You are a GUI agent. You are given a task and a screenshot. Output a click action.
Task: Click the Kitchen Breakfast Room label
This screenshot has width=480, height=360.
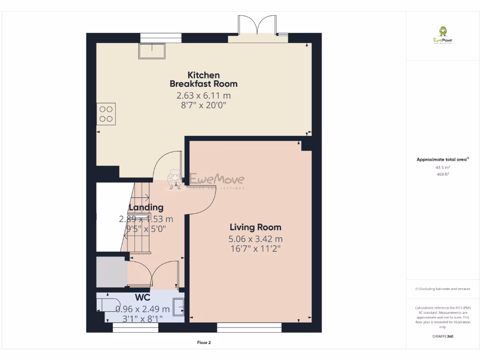203,79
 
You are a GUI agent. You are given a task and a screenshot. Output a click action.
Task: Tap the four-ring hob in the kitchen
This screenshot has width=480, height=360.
106,114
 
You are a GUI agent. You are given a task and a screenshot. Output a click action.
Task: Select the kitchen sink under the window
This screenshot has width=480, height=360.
152,51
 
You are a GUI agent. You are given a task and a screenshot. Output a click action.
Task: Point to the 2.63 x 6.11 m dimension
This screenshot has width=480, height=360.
203,96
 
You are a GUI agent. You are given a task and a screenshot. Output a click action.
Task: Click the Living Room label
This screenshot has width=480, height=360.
255,227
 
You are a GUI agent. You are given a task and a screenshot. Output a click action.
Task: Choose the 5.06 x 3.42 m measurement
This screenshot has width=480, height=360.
255,239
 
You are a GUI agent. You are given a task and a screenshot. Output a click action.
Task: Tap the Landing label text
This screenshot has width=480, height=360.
146,207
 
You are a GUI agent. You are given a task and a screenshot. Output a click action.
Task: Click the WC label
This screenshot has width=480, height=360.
142,298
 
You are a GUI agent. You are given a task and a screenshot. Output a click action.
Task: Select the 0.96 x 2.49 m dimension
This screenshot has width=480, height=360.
142,309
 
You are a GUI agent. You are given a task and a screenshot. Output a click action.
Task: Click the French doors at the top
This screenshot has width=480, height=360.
257,26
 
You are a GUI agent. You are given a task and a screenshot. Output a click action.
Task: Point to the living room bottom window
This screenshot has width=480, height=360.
249,327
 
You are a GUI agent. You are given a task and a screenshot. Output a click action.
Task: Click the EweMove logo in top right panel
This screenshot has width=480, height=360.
442,35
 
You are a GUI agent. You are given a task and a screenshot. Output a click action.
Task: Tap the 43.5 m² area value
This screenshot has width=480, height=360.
442,167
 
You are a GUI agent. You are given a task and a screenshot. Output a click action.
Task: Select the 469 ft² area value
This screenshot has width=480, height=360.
442,174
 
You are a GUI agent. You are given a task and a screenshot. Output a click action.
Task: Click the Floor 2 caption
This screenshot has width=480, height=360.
204,343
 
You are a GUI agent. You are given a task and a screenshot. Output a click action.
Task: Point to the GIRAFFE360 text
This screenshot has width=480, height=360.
442,336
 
